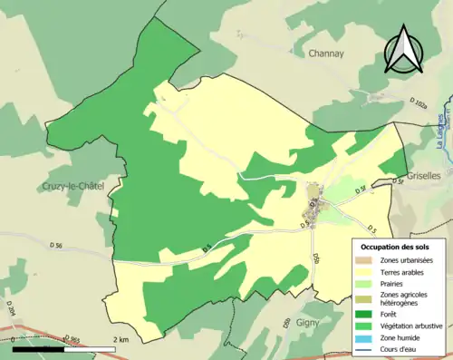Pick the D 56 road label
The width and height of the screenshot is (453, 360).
point(56,246)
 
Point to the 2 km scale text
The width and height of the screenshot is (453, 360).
point(120,339)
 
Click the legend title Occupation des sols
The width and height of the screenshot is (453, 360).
point(395,247)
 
